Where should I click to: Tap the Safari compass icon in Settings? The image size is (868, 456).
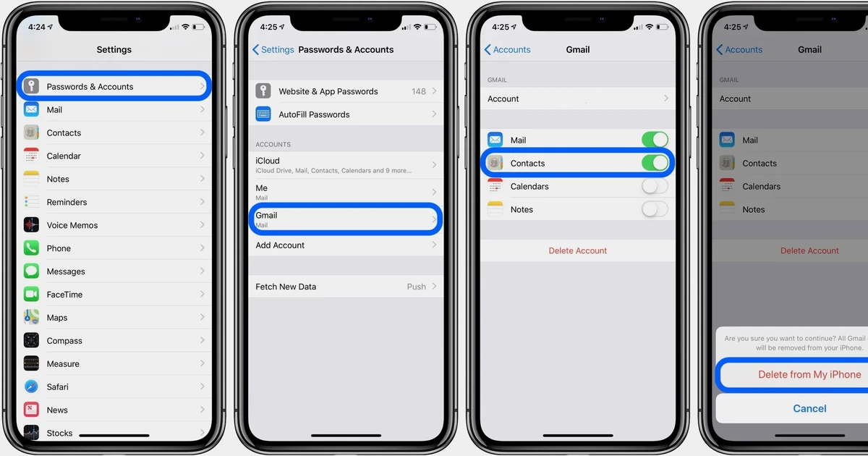coord(31,387)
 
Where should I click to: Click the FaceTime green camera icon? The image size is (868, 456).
coord(31,295)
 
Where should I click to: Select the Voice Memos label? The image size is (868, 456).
coord(72,225)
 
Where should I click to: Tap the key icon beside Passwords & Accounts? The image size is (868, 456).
coord(31,87)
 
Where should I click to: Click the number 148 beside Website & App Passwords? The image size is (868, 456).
coord(419,91)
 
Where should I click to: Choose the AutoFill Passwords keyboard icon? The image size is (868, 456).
coord(263,114)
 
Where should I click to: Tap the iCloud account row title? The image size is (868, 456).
coord(268,161)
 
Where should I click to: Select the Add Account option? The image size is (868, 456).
coord(280,245)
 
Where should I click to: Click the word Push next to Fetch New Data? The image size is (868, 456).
coord(417,287)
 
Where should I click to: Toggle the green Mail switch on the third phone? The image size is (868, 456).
coord(655,140)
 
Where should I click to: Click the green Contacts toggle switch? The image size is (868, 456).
coord(655,163)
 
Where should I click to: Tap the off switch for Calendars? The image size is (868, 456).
coord(655,186)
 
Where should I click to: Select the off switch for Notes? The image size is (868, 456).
coord(655,209)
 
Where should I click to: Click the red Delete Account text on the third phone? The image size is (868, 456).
coord(578,250)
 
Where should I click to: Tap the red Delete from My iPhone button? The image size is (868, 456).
coord(809,375)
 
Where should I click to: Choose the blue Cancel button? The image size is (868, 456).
coord(809,408)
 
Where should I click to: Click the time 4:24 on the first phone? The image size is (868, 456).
coord(37,27)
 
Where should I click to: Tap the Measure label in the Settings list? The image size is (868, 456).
coord(63,364)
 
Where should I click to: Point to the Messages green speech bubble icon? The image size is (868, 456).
coord(31,271)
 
